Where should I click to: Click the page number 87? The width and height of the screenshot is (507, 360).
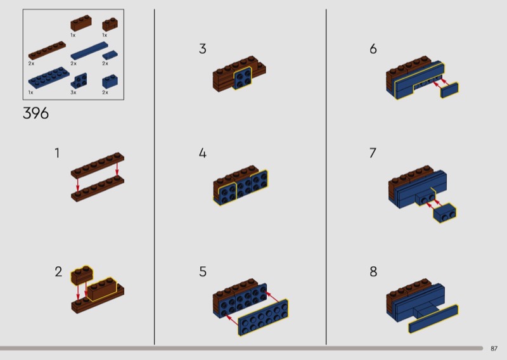[x=494, y=349]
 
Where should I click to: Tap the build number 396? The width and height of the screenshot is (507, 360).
[x=35, y=113]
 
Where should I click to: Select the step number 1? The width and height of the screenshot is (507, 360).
[x=57, y=153]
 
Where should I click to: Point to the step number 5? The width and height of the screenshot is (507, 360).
[x=203, y=272]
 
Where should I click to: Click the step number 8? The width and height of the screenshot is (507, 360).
[x=373, y=272]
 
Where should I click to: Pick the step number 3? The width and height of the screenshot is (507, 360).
[x=203, y=49]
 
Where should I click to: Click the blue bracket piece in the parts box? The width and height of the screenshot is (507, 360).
[x=79, y=80]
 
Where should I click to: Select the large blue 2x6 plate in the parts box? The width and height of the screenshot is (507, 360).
[x=49, y=78]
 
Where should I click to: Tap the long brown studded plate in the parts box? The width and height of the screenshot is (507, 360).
[x=47, y=51]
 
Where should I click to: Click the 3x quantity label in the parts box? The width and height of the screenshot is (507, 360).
[x=74, y=93]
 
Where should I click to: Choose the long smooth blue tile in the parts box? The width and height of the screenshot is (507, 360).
[x=89, y=51]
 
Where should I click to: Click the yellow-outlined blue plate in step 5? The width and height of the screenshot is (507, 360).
[x=263, y=317]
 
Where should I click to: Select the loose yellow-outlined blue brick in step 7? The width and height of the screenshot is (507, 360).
[x=445, y=213]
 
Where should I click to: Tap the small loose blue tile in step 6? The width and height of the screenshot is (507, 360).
[x=449, y=90]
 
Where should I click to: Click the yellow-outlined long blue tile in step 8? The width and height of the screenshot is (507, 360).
[x=433, y=319]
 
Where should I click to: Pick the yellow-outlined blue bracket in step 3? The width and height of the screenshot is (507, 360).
[x=242, y=78]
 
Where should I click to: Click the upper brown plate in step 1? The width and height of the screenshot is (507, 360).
[x=98, y=165]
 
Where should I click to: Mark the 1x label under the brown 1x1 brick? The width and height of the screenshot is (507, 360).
[x=105, y=35]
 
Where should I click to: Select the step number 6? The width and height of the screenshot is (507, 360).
[x=373, y=49]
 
